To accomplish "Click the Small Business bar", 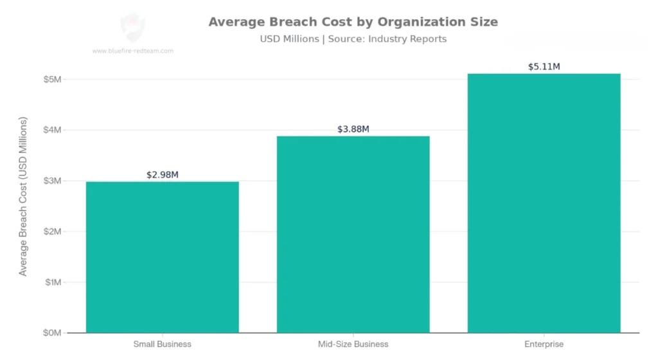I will pyautogui.click(x=162, y=257).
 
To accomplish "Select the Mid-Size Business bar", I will pyautogui.click(x=353, y=235).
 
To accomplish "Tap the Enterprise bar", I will pyautogui.click(x=544, y=203).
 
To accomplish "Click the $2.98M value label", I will pyautogui.click(x=162, y=175).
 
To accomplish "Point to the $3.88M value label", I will pyautogui.click(x=353, y=129).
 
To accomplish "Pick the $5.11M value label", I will pyautogui.click(x=544, y=67).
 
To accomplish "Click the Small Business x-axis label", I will pyautogui.click(x=162, y=344).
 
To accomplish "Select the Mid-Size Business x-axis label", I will pyautogui.click(x=353, y=344).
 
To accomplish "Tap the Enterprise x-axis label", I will pyautogui.click(x=544, y=344).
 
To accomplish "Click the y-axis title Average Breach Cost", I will pyautogui.click(x=23, y=197).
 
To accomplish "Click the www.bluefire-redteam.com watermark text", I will pyautogui.click(x=132, y=51).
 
